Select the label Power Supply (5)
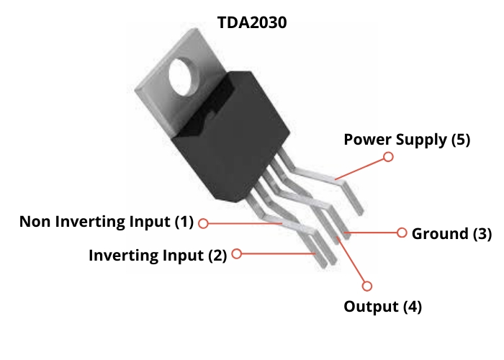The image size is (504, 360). tap(406, 139)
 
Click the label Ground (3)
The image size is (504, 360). tap(451, 233)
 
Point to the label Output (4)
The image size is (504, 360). tap(382, 307)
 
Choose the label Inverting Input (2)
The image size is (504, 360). tap(157, 254)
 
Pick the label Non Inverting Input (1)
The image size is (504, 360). tap(107, 221)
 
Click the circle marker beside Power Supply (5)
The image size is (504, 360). tap(389, 156)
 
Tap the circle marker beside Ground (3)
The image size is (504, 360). tap(402, 233)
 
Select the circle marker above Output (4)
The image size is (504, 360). tap(368, 286)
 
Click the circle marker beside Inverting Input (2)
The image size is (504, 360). tap(237, 253)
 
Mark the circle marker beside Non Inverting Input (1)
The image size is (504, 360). tap(203, 223)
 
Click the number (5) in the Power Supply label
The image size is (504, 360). tap(460, 139)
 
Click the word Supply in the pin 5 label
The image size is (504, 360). tap(424, 140)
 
